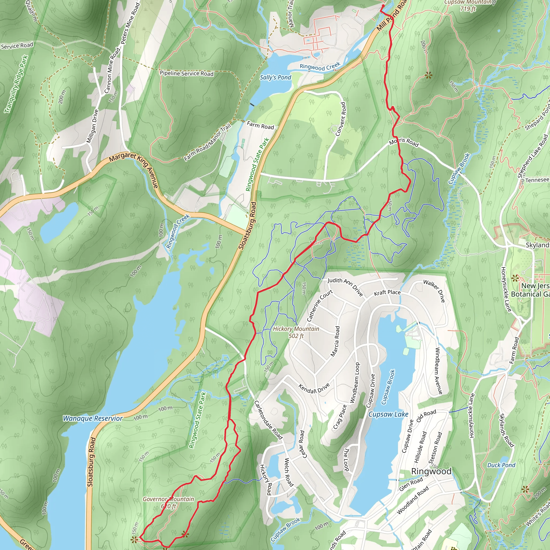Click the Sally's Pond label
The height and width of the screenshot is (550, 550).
pos(275,77)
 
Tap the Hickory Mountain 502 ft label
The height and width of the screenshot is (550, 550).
pos(296,332)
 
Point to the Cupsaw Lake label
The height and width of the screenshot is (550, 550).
pos(388,414)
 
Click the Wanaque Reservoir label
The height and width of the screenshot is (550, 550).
pos(93,418)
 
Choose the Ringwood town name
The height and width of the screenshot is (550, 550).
pos(431,471)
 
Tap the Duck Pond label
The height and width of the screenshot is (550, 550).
pos(501,465)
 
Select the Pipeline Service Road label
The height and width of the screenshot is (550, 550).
pos(186,73)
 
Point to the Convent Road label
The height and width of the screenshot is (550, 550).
pos(340,119)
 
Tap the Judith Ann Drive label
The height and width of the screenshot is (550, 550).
pos(345,287)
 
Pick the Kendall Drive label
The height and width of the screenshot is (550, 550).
pos(314,388)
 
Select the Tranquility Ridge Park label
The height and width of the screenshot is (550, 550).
pos(16,84)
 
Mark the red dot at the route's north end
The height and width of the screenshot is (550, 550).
pos(383,6)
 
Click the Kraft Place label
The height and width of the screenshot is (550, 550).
pos(387,293)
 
